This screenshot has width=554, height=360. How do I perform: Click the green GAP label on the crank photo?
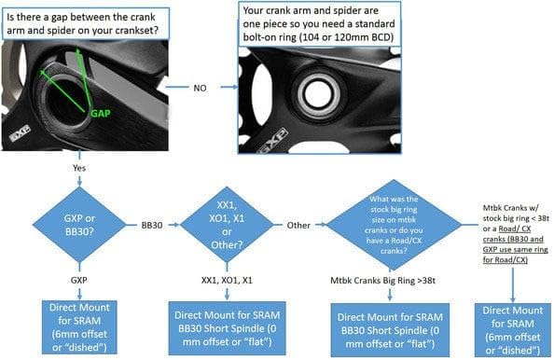coord(101,114)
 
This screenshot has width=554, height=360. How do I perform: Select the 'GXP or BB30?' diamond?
coord(79,225)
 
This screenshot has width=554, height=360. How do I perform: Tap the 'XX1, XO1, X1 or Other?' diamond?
coord(227,225)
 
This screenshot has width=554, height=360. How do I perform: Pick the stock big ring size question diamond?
coord(394,225)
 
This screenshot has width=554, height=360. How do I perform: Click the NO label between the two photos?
coord(200,88)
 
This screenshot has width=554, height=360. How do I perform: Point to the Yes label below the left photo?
coord(79,168)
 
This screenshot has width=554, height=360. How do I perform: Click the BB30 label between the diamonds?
coord(152,226)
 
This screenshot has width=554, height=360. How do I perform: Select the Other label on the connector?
coord(298,226)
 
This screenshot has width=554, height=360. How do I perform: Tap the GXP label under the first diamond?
coord(78,280)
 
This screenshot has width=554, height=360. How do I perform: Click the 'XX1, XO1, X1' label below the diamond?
coord(227,281)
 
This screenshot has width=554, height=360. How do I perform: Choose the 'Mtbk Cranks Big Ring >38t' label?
coord(382,281)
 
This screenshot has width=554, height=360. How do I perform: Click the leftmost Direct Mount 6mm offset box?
coord(79,327)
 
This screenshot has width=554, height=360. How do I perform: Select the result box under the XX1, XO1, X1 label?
coord(227,328)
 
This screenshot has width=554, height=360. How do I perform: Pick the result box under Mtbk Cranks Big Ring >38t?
coord(390,330)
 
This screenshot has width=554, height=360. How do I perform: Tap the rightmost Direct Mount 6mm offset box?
coord(513,330)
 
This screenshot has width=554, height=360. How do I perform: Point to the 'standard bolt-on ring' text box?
coord(320,23)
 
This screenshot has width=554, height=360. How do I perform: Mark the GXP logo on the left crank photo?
coord(20,134)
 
